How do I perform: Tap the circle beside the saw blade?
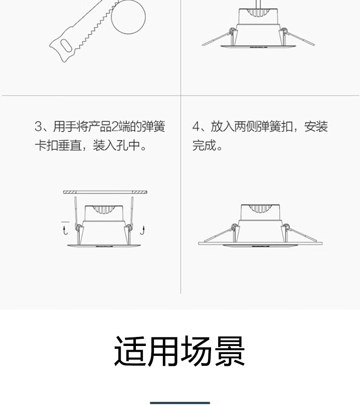tap(128, 17)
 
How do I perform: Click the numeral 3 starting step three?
tap(38, 127)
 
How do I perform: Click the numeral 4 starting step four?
tap(196, 127)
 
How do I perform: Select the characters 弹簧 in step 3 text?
tap(154, 127)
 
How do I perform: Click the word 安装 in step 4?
tap(316, 127)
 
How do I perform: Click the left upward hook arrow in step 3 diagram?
tap(66, 230)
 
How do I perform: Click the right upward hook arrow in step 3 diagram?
tap(142, 230)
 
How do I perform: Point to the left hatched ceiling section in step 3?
tap(70, 192)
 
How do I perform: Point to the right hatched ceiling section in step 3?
tap(139, 192)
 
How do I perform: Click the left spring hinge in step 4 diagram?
tap(234, 228)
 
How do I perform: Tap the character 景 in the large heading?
tap(229, 351)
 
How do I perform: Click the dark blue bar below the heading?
tap(180, 403)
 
